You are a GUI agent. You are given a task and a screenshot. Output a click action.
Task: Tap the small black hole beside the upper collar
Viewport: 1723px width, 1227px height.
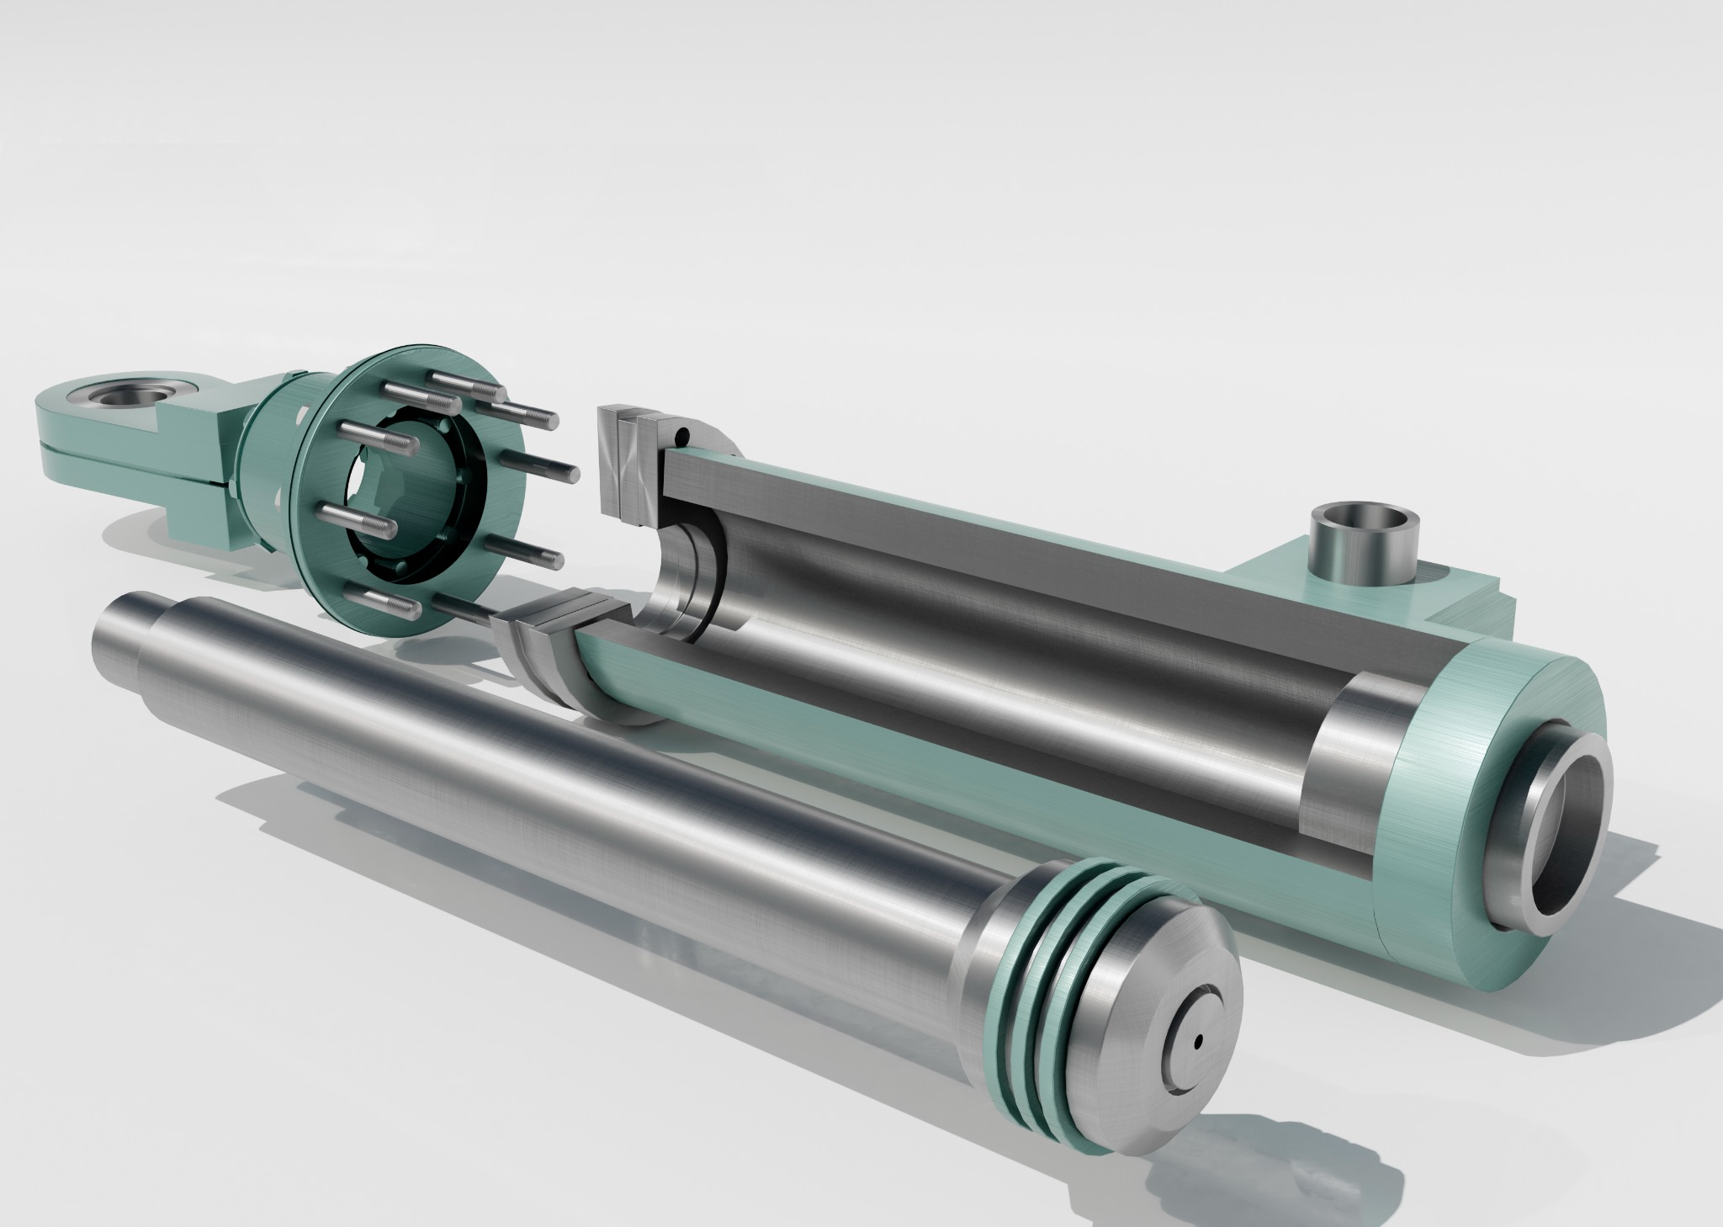pyautogui.click(x=683, y=436)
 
